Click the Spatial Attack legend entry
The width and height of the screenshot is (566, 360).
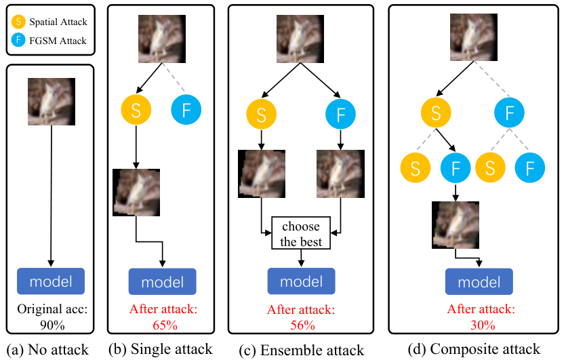pyautogui.click(x=49, y=22)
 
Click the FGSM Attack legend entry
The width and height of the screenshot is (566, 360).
pyautogui.click(x=49, y=41)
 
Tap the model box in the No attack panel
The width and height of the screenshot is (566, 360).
pyautogui.click(x=51, y=281)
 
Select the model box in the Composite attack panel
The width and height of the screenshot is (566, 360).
pyautogui.click(x=479, y=281)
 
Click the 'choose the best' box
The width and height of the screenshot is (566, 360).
pyautogui.click(x=301, y=233)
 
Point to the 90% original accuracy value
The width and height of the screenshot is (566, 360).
pyautogui.click(x=52, y=325)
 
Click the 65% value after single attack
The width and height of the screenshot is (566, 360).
pyautogui.click(x=165, y=325)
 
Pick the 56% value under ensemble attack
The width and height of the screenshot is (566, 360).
pyautogui.click(x=302, y=325)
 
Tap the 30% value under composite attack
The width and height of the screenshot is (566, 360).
pyautogui.click(x=483, y=325)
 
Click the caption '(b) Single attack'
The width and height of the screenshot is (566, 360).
pyautogui.click(x=161, y=349)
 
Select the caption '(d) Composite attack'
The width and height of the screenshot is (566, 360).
pyautogui.click(x=474, y=349)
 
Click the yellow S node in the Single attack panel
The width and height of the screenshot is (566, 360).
pyautogui.click(x=136, y=110)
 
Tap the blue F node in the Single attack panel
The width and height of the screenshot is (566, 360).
pyautogui.click(x=186, y=110)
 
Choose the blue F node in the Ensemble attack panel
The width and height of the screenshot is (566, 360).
pyautogui.click(x=341, y=114)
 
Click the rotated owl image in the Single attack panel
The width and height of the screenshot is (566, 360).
pyautogui.click(x=136, y=193)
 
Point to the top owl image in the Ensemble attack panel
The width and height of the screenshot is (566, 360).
pyautogui.click(x=300, y=39)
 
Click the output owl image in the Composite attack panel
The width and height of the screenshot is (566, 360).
pyautogui.click(x=456, y=225)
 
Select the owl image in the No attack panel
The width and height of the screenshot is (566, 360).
pyautogui.click(x=52, y=102)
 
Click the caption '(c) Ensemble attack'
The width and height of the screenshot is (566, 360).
pyautogui.click(x=302, y=350)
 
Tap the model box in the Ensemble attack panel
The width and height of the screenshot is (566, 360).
pyautogui.click(x=302, y=281)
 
